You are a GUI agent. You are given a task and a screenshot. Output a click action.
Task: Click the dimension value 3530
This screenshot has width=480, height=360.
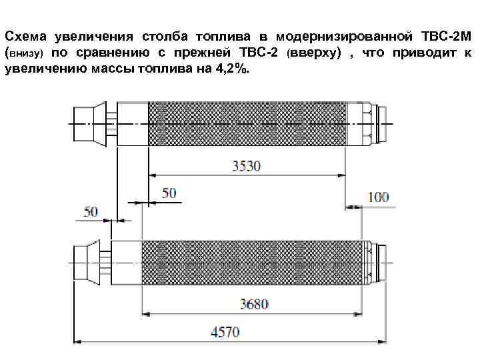(x=247, y=166)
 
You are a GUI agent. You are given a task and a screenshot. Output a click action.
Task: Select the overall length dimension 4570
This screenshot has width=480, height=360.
(x=225, y=332)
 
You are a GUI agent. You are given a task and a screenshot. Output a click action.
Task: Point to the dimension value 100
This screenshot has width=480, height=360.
(x=378, y=197)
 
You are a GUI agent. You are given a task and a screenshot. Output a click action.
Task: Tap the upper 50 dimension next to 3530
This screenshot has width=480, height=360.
(x=169, y=193)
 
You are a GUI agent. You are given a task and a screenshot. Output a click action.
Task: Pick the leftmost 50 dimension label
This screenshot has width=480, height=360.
(x=91, y=211)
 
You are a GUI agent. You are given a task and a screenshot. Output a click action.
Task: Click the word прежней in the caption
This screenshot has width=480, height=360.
(x=221, y=52)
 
